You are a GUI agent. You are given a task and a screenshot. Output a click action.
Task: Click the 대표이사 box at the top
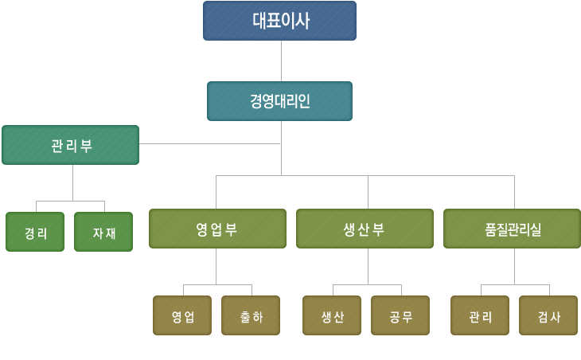tap(279, 21)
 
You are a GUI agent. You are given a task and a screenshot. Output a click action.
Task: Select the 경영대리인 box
tap(279, 101)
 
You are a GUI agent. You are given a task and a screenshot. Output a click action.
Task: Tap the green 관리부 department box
tap(70, 145)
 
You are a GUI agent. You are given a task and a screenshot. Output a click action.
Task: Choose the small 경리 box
tap(35, 233)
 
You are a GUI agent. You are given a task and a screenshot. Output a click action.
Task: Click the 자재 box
tap(103, 233)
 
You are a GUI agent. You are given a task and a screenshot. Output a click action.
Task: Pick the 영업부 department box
tap(217, 229)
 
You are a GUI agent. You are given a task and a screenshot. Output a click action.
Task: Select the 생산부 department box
tap(365, 229)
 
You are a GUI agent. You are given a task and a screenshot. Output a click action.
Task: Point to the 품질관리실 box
tap(512, 229)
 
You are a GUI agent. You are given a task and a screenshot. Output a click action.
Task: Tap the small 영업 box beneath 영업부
tap(182, 315)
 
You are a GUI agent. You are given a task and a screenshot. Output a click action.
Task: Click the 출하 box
tap(251, 315)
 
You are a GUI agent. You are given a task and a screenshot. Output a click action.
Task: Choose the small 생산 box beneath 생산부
tap(332, 315)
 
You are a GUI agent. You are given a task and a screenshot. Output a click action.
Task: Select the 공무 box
tap(400, 315)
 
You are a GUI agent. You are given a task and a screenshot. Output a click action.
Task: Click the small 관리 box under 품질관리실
tap(480, 315)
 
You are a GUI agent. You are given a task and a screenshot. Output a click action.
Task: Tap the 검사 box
tap(548, 315)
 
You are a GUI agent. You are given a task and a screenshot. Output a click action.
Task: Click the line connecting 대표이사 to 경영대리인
tap(281, 61)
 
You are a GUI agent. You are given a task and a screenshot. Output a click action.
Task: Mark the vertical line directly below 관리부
tap(73, 182)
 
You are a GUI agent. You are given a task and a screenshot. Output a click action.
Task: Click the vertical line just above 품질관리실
tap(514, 192)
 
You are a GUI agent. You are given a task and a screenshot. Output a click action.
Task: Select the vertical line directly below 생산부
tap(368, 266)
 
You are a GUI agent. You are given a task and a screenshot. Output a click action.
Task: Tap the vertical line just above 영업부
tap(216, 192)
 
